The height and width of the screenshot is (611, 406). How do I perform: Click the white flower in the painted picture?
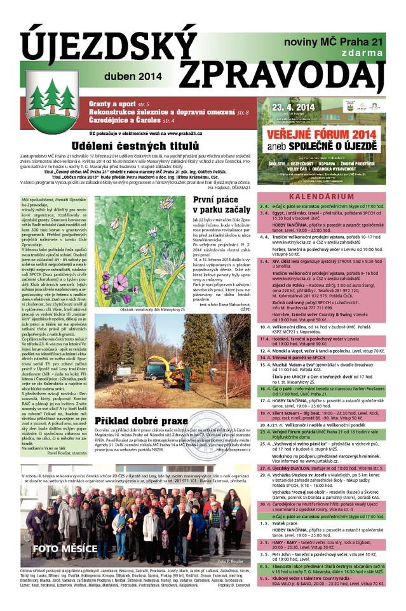coord(167,204)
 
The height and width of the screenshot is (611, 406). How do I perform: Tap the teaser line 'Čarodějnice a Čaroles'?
coord(125,120)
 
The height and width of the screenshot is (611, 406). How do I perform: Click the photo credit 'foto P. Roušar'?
coord(229,561)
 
